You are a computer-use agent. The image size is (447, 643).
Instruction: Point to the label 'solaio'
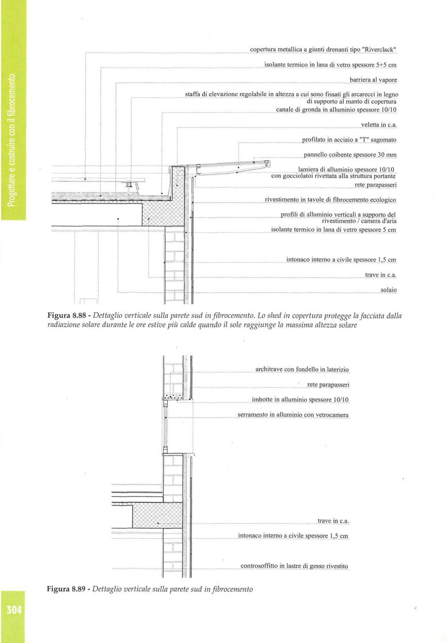tap(388, 290)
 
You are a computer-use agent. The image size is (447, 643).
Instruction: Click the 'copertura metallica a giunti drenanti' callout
tap(323, 50)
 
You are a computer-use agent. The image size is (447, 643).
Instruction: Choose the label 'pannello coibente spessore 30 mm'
tap(350, 154)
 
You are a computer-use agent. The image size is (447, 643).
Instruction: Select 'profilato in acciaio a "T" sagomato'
tap(349, 139)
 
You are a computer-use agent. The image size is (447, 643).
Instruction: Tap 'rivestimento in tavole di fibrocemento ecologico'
tap(331, 199)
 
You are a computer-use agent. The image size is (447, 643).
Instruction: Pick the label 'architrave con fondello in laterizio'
tap(302, 370)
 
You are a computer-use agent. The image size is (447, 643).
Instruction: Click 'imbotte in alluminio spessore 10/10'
tap(301, 400)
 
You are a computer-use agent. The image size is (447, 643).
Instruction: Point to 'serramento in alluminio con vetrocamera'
tap(293, 415)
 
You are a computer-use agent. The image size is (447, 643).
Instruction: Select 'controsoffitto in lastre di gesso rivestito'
tap(294, 566)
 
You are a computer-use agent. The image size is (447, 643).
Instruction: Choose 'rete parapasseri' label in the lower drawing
tap(329, 385)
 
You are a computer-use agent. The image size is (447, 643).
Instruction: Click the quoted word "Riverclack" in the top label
tap(378, 50)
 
